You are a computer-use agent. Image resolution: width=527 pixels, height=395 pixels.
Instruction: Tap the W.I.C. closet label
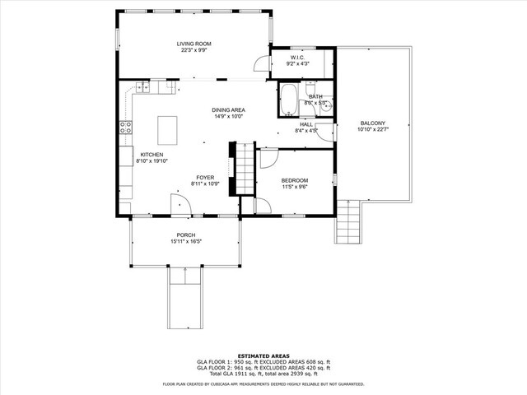click(x=297, y=58)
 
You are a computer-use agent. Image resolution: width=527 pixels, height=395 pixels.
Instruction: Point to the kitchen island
click(x=167, y=130)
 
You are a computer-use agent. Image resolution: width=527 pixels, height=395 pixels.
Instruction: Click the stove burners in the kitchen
click(x=126, y=127)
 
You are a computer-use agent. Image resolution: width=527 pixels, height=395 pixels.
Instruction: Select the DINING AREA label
click(x=228, y=109)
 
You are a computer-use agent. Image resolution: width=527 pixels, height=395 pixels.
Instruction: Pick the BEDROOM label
click(x=295, y=180)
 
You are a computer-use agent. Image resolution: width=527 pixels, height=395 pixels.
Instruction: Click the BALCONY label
click(x=371, y=123)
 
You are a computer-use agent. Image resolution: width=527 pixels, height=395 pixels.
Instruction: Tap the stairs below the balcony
click(x=348, y=222)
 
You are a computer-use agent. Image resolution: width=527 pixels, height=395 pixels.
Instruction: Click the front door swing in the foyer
click(x=177, y=204)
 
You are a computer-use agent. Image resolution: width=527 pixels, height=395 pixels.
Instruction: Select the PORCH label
click(x=185, y=235)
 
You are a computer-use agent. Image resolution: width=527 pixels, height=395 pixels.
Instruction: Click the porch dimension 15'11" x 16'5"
click(x=185, y=242)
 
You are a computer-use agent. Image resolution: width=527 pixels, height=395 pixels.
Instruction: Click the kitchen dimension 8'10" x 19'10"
click(x=151, y=161)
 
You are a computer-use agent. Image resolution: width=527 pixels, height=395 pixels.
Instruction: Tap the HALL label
click(x=306, y=124)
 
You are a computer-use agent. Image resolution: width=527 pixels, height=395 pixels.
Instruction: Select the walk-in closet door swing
click(x=262, y=64)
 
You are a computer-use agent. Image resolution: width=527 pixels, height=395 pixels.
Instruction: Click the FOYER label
click(x=204, y=177)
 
